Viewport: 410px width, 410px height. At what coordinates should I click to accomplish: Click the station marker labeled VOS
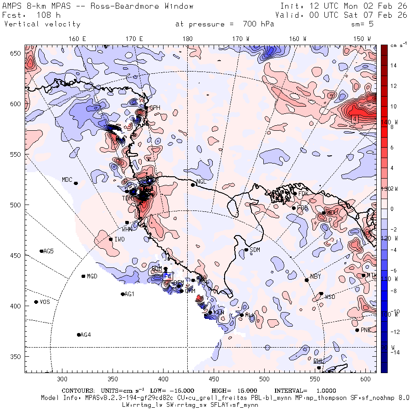[36, 302]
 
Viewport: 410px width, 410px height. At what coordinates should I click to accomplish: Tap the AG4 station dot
[79, 335]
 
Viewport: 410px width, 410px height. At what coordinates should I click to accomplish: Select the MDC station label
[67, 179]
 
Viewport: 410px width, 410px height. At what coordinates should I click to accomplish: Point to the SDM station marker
[246, 250]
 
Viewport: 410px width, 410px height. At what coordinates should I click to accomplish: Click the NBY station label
[315, 277]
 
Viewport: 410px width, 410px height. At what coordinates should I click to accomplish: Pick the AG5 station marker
[41, 251]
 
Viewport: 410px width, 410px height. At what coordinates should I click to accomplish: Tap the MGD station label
[92, 277]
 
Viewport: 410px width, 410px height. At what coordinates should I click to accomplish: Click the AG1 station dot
[123, 294]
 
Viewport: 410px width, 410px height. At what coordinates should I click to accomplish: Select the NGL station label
[201, 181]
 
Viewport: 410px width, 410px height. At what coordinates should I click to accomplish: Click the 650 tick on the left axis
[17, 54]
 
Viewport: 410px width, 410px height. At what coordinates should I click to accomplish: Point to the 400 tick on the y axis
[17, 306]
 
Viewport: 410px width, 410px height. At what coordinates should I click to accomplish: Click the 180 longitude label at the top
[187, 39]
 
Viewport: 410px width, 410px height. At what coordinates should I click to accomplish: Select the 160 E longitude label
[77, 39]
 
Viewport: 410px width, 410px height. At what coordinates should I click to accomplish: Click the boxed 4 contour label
[354, 118]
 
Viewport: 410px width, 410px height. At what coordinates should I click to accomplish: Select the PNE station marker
[357, 330]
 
